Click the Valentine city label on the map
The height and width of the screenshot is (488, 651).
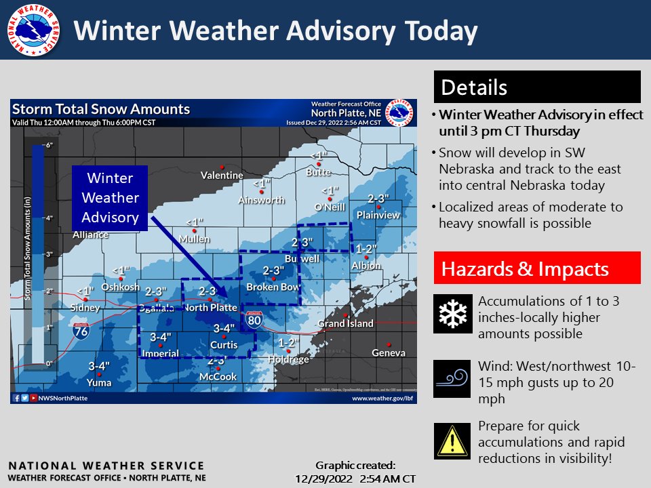pos(222,176)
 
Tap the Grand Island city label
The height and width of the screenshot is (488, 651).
pos(346,323)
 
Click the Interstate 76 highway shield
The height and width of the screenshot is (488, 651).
pos(79,330)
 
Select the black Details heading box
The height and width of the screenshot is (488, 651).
pos(537,87)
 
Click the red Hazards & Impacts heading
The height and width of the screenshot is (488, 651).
pos(537,268)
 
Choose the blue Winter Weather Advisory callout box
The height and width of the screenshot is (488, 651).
pos(110,198)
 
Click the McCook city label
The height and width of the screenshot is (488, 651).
pos(218,376)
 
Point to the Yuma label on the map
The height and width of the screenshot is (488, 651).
pos(99,382)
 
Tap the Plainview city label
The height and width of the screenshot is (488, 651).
pos(378,215)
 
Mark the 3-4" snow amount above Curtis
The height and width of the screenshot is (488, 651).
pos(224,329)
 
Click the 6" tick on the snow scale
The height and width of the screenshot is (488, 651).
pos(48,145)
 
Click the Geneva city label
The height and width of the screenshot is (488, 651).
pos(389,352)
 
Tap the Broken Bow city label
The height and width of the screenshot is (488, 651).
pos(273,287)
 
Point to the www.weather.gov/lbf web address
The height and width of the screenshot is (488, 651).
pos(382,399)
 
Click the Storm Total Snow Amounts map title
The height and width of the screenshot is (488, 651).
pos(102,110)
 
